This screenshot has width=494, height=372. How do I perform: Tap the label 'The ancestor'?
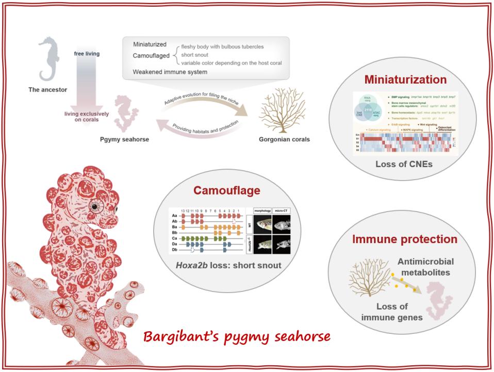pos(48,89)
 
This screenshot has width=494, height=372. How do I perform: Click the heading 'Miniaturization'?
pos(405,80)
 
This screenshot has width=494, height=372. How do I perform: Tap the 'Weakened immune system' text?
pos(170,72)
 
